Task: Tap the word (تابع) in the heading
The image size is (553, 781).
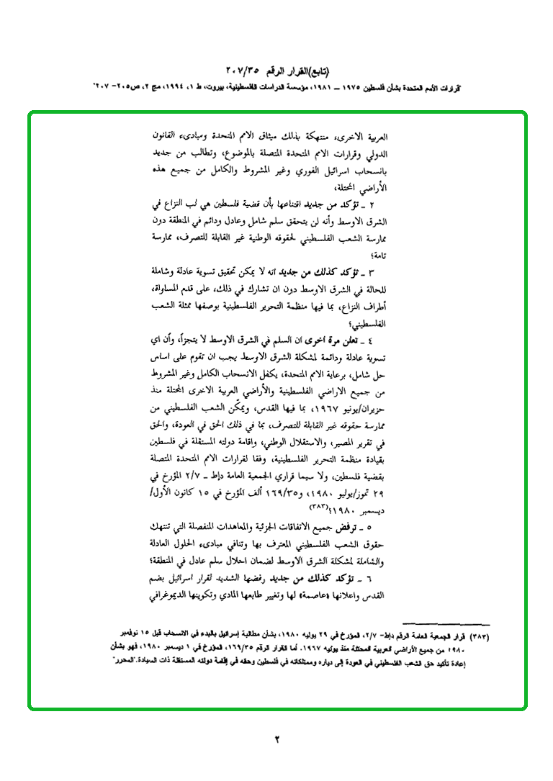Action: (315, 71)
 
